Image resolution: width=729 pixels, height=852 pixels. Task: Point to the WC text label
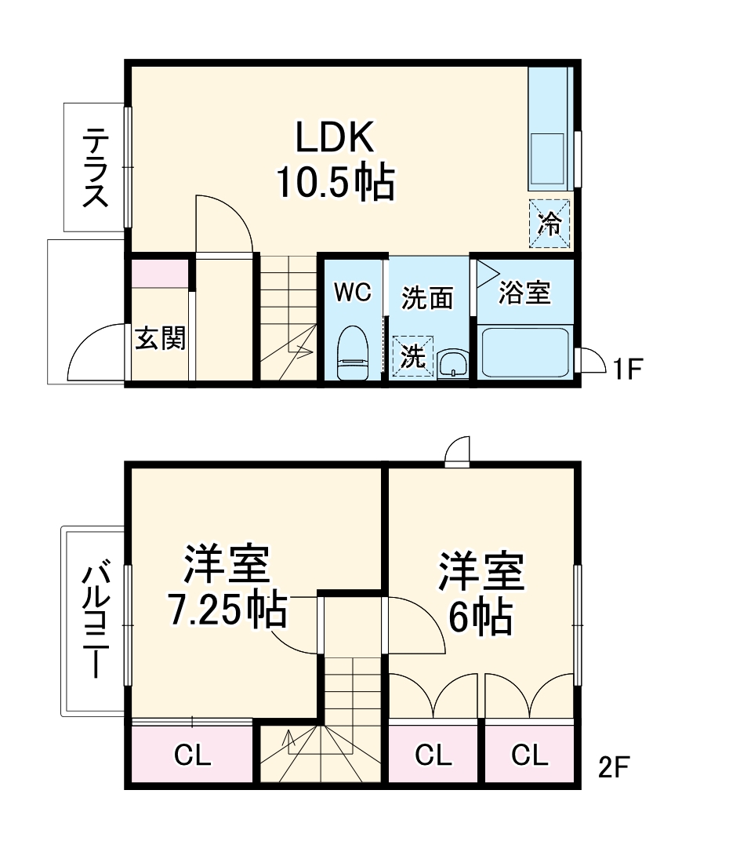click(352, 293)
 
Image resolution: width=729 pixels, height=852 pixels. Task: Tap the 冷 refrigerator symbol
click(549, 224)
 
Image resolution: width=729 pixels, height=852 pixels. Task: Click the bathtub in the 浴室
click(524, 353)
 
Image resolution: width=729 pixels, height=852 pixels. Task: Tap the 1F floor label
click(627, 368)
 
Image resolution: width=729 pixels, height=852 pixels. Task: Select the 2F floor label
click(615, 766)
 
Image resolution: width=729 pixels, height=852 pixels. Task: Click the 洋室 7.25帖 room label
click(227, 588)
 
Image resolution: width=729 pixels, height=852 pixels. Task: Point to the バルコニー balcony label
click(96, 620)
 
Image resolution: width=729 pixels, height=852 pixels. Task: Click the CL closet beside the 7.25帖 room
click(192, 756)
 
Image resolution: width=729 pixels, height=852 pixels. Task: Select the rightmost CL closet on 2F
click(530, 756)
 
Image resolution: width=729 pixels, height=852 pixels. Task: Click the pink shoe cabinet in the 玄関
click(160, 274)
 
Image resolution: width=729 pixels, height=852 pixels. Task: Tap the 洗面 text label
click(427, 298)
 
